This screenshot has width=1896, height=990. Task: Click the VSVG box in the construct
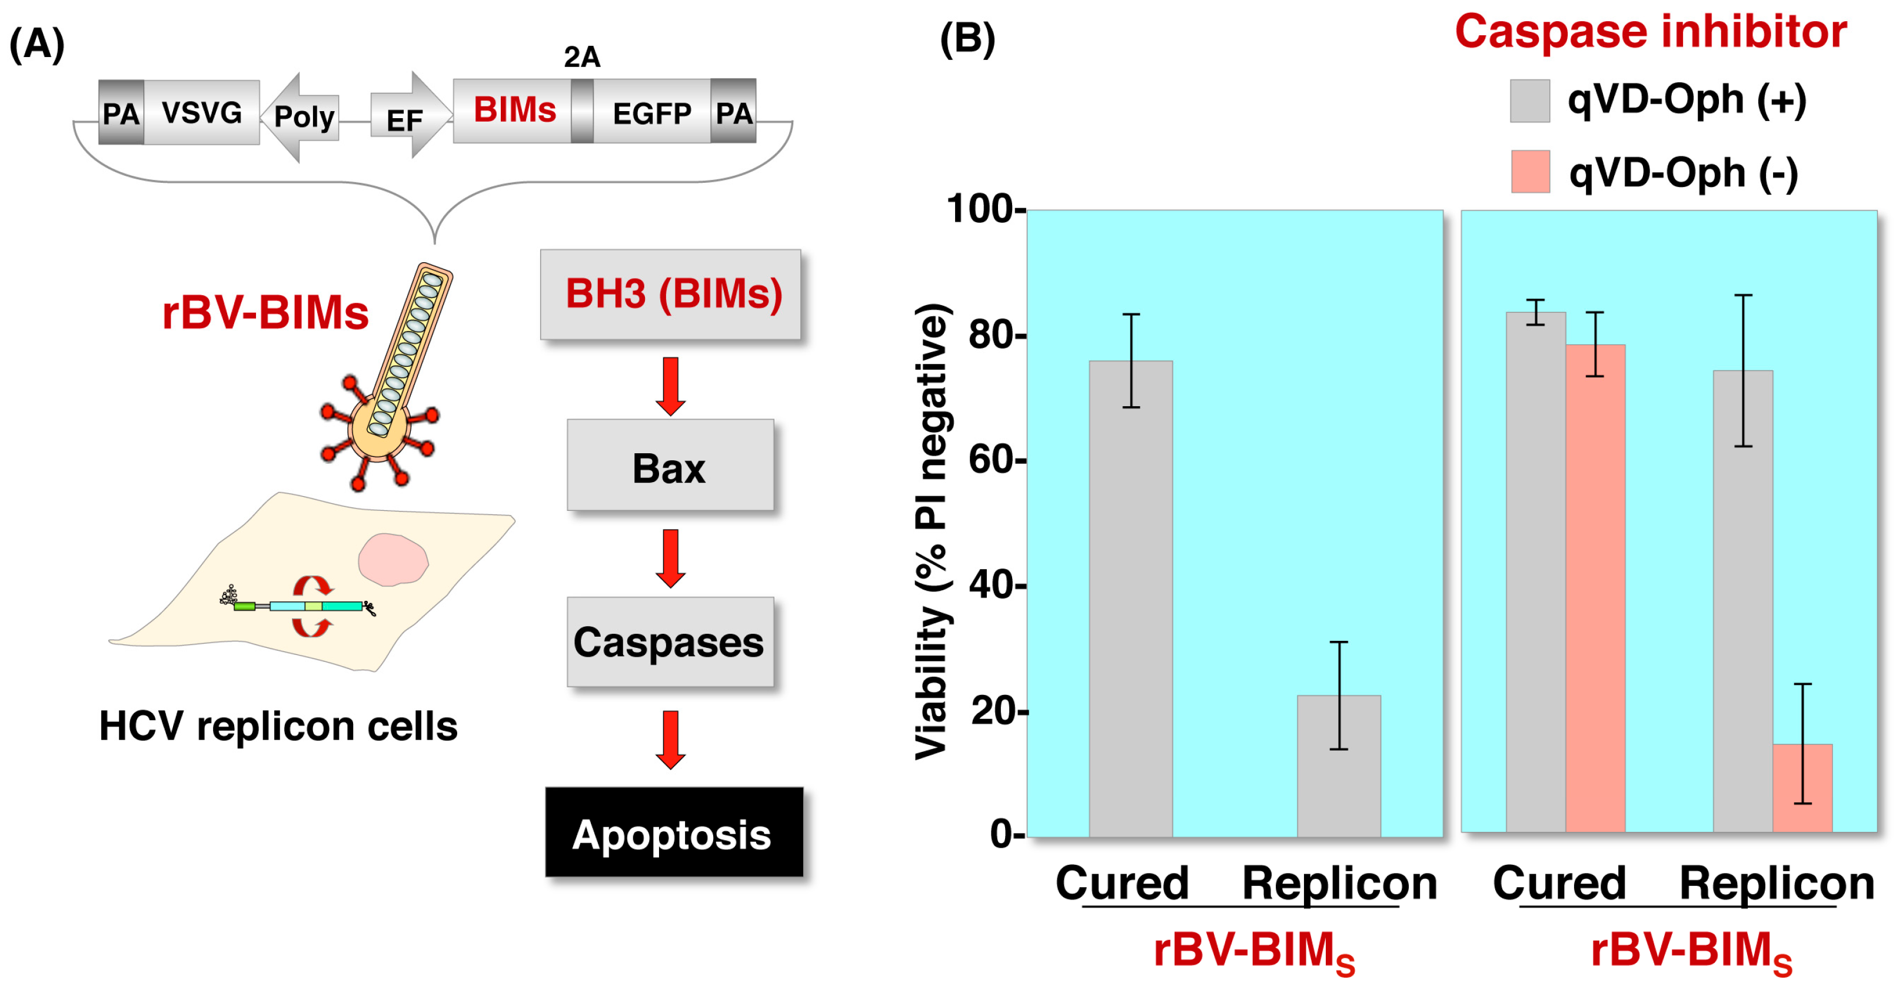tap(201, 112)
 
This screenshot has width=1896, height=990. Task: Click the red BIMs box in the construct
tap(513, 111)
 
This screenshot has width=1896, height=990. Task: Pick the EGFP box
tap(651, 112)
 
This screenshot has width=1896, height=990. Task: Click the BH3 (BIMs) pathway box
tap(670, 294)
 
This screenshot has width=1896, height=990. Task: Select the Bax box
tap(670, 466)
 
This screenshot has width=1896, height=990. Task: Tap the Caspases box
tap(670, 642)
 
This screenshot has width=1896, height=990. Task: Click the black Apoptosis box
tap(673, 832)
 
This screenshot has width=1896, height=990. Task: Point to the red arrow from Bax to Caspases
tap(670, 557)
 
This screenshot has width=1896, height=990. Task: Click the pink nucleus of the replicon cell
tap(392, 559)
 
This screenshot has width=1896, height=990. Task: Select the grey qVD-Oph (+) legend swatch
tap(1529, 101)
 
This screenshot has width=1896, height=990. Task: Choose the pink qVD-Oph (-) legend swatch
tap(1530, 172)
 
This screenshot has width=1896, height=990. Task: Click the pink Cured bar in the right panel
tap(1595, 588)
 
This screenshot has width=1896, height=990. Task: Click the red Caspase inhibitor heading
tap(1650, 32)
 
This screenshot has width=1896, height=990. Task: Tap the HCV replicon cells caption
tap(278, 727)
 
